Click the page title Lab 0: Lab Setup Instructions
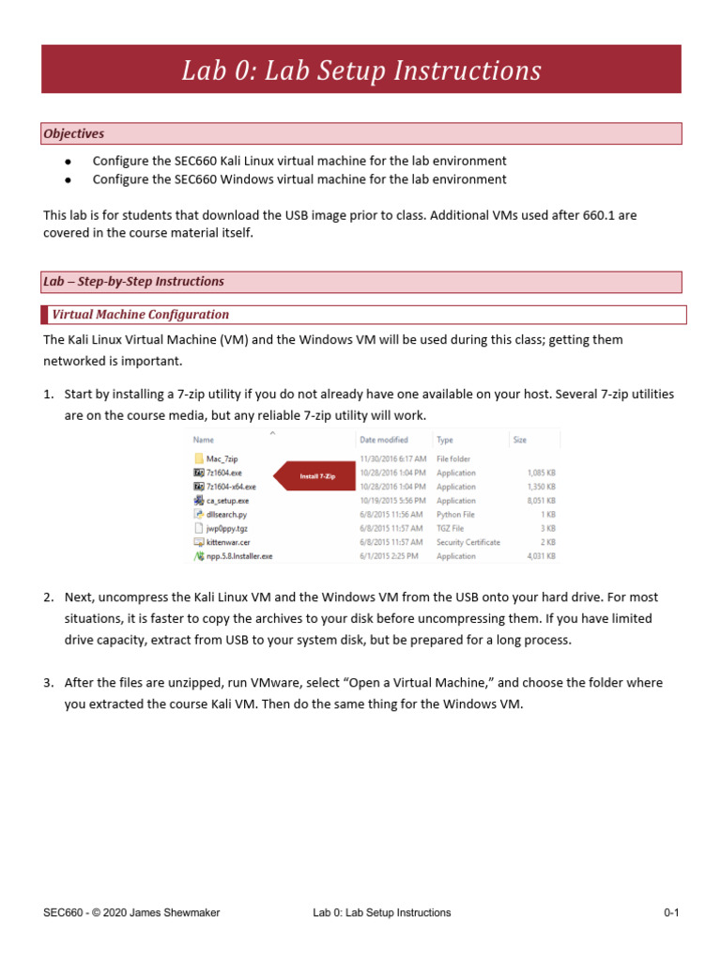tap(361, 70)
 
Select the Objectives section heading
tap(73, 134)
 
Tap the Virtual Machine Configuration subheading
tap(140, 315)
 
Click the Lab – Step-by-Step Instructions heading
tap(133, 281)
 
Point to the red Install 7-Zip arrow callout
tap(314, 476)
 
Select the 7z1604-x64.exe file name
tap(231, 487)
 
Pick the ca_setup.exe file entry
tap(227, 501)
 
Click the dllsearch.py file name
tap(226, 515)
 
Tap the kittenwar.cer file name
tap(228, 542)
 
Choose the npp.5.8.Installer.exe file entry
tap(239, 556)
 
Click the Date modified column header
tap(383, 439)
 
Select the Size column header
tap(520, 439)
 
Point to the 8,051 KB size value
tap(540, 501)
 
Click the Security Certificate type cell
tap(468, 542)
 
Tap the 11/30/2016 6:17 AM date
tap(392, 458)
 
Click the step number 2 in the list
tap(48, 597)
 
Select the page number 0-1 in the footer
tap(670, 912)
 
